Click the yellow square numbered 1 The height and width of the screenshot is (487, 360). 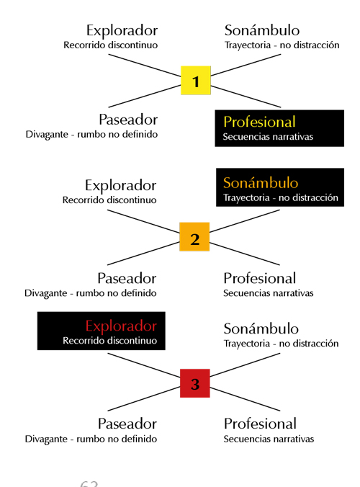pyautogui.click(x=196, y=80)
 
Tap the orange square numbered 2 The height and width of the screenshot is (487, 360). pyautogui.click(x=194, y=237)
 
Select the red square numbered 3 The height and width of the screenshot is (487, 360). pyautogui.click(x=195, y=383)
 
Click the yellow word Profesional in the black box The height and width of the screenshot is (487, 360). pyautogui.click(x=259, y=122)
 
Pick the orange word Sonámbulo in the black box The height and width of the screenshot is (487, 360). pyautogui.click(x=261, y=183)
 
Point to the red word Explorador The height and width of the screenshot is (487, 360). pyautogui.click(x=121, y=326)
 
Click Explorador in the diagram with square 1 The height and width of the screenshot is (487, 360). pyautogui.click(x=122, y=31)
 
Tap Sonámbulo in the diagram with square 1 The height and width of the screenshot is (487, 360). pyautogui.click(x=262, y=30)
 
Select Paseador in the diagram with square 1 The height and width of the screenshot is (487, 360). pyautogui.click(x=128, y=120)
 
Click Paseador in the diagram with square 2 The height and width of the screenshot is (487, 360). pyautogui.click(x=127, y=278)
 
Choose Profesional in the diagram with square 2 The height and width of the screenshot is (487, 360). pyautogui.click(x=260, y=278)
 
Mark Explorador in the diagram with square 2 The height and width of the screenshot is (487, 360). pyautogui.click(x=121, y=186)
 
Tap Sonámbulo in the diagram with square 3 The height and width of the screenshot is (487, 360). pyautogui.click(x=261, y=329)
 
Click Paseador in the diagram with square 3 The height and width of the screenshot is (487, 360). pyautogui.click(x=127, y=424)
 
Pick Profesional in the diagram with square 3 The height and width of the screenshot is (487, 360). pyautogui.click(x=260, y=424)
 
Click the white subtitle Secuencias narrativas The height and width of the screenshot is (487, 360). pyautogui.click(x=268, y=137)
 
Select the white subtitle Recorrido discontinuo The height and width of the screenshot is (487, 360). pyautogui.click(x=110, y=341)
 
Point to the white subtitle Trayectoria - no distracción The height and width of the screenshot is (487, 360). pyautogui.click(x=281, y=197)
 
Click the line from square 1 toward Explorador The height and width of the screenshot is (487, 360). pyautogui.click(x=145, y=66)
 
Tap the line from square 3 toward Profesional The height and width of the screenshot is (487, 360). pyautogui.click(x=246, y=399)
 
